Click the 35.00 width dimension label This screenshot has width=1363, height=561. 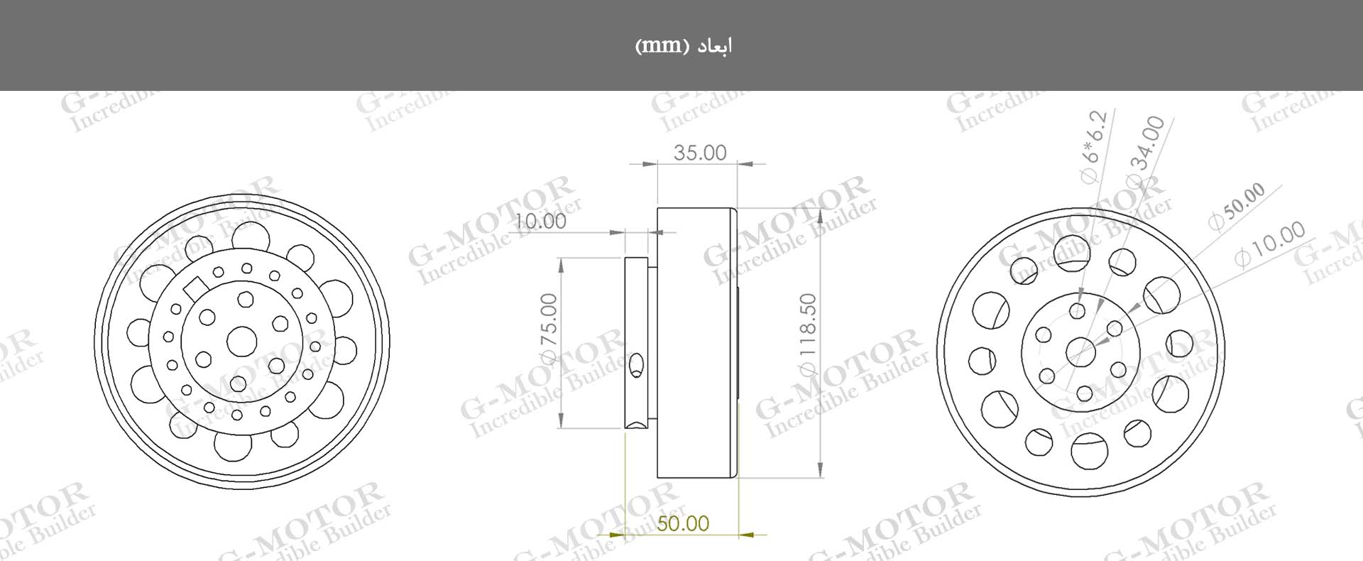coord(700,153)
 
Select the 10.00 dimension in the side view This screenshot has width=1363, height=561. coord(541,221)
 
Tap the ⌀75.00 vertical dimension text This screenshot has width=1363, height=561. coord(549,329)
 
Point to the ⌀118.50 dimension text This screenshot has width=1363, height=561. coord(808,334)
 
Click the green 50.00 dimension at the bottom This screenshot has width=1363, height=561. coord(682,524)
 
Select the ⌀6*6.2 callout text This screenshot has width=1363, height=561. coord(1093,147)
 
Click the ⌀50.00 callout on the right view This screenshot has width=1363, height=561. coord(1236,207)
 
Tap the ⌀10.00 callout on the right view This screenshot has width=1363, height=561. coord(1269,244)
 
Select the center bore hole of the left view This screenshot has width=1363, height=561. coord(241,342)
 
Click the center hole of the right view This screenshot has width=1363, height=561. coord(1080,351)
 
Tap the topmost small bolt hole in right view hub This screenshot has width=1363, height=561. coord(1078,310)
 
